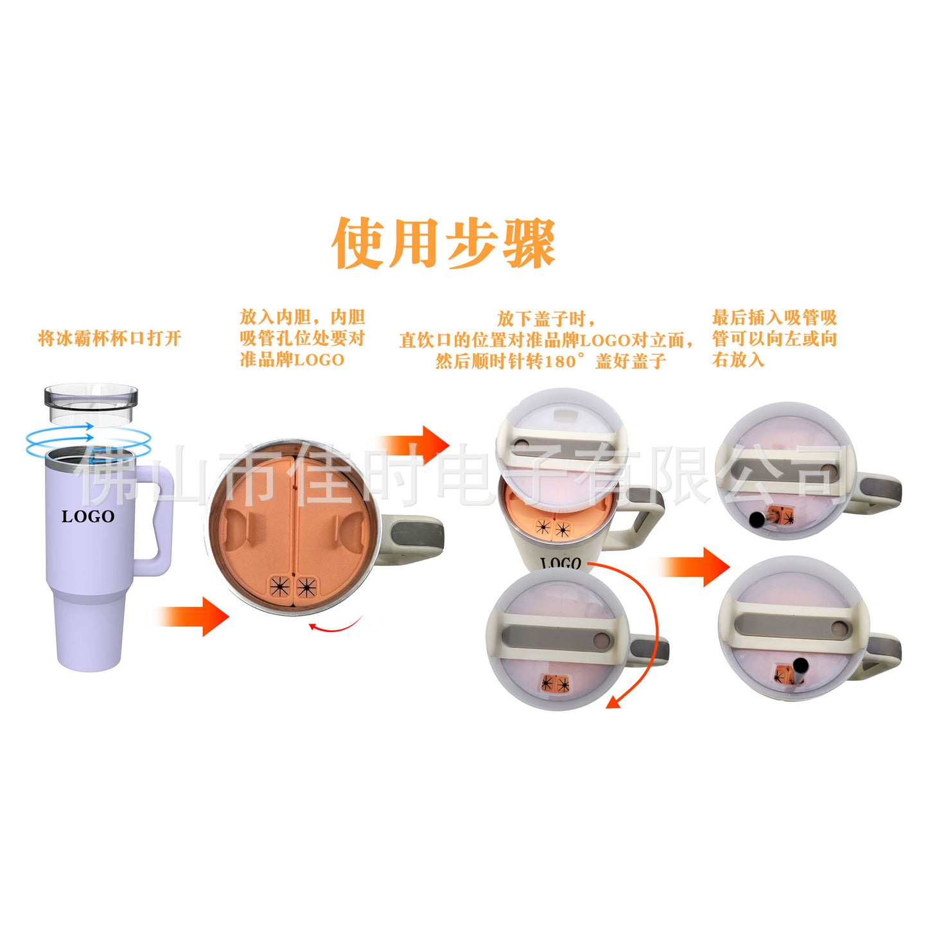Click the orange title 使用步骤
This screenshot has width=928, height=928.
point(444,243)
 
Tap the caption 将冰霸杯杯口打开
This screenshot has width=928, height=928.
point(110,338)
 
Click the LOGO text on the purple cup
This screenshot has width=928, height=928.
point(88,517)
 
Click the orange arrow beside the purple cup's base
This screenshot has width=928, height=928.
point(193,617)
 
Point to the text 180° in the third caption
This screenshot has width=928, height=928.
point(567,360)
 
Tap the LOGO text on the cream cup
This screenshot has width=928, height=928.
point(561,563)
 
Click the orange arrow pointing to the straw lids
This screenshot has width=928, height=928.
point(694,566)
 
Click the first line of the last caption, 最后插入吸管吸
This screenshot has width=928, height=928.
point(775,318)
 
